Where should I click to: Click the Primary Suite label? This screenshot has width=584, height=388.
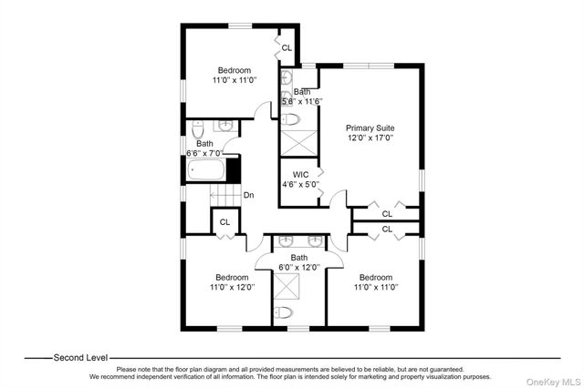coord(370,128)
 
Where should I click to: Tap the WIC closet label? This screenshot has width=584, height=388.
coord(300,175)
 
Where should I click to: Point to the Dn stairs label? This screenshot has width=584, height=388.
coord(249,195)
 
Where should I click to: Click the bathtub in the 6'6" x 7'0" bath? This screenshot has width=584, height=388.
coord(206,169)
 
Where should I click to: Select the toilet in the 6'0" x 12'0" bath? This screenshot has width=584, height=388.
coord(283,313)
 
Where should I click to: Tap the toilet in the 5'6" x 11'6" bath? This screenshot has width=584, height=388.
coord(291,119)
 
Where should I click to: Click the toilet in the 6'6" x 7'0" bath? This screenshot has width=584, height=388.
coord(198,128)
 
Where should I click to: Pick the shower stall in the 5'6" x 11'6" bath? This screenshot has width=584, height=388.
coord(298,143)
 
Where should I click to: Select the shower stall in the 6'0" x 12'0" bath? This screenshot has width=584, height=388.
coord(287,286)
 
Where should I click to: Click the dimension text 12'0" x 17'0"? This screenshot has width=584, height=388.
coord(370,138)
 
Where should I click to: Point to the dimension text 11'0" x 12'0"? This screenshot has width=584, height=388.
coord(233,287)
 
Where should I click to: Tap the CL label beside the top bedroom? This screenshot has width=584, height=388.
coord(287,48)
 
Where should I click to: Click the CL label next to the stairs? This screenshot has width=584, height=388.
coord(224,222)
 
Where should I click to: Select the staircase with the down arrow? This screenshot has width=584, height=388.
coord(224,195)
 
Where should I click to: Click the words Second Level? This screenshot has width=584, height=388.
coord(80,358)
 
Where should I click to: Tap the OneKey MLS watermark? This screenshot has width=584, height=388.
coord(553,382)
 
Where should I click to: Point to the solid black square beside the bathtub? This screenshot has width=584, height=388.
coord(233,170)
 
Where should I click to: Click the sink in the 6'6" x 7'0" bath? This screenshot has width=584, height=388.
coord(225,126)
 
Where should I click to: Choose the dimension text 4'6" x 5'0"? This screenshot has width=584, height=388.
coord(301,184)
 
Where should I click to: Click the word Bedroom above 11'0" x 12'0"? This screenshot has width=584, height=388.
coord(232,278)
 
